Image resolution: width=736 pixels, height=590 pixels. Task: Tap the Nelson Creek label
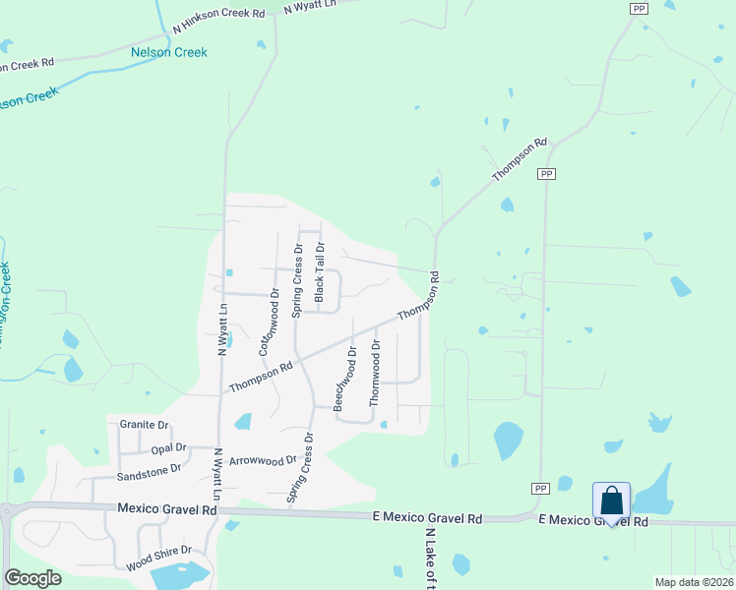170,51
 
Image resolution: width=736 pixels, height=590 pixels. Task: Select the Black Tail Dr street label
319,272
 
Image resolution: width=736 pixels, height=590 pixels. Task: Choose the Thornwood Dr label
374,373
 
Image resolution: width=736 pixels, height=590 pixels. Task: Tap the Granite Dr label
145,425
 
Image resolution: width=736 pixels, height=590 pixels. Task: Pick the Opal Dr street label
161,448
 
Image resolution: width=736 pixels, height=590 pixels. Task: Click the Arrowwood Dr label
262,460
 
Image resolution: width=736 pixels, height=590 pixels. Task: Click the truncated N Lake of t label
430,560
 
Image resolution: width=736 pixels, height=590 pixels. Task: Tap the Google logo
32,578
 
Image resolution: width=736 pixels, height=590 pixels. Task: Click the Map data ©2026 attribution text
693,582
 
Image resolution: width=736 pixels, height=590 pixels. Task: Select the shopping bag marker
611,501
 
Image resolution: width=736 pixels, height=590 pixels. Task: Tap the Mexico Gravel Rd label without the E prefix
166,510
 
